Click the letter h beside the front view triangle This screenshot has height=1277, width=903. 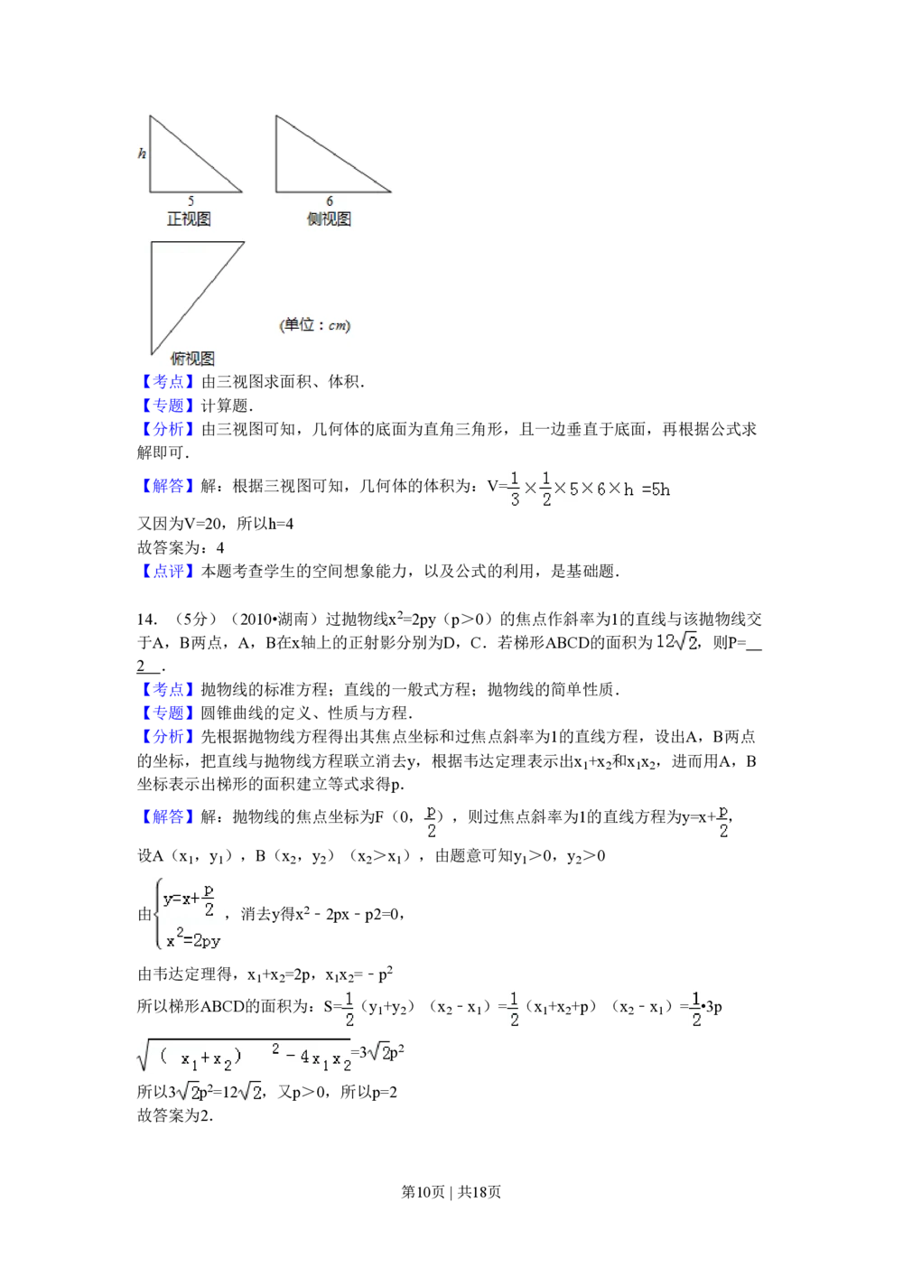(142, 154)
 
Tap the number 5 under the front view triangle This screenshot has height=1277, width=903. (191, 201)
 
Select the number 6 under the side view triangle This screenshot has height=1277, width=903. (330, 201)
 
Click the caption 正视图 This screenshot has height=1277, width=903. (189, 219)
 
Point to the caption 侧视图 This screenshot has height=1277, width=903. (329, 219)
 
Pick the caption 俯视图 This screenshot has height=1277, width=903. (192, 359)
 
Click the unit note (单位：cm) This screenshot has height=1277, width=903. (314, 325)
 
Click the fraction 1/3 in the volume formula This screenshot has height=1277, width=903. (514, 488)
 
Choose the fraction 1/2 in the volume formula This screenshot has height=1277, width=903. (545, 488)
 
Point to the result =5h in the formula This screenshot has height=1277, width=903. (656, 489)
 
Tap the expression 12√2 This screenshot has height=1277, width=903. (675, 642)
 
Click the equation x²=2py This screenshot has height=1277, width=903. (192, 939)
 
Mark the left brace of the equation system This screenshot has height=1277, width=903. (158, 914)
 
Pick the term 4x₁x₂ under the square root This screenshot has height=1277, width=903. (326, 1058)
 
